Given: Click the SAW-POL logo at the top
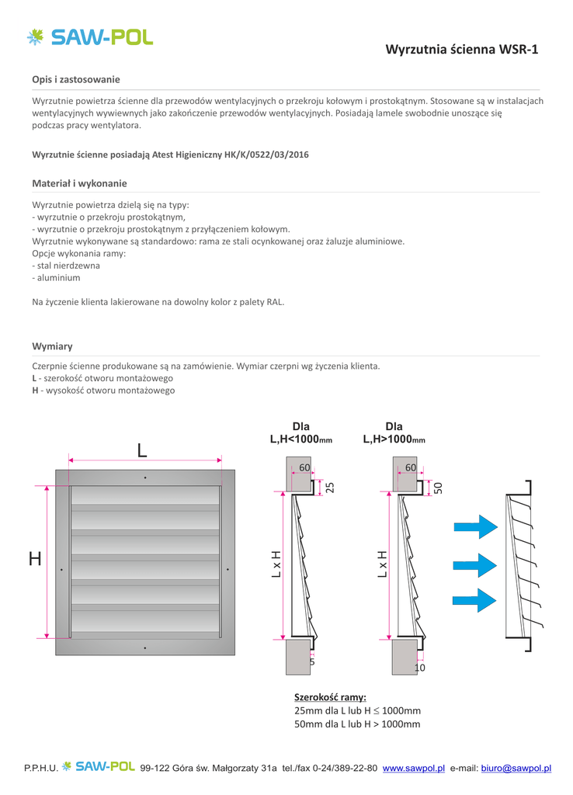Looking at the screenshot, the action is (90, 37).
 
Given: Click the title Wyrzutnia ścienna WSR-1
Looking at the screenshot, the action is (461, 49).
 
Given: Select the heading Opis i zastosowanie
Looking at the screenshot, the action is (76, 79).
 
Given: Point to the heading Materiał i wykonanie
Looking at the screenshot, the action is (80, 183).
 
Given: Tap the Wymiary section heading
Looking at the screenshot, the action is (52, 346).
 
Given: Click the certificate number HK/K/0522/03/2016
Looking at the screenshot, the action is (267, 154).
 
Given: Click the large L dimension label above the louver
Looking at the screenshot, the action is (143, 450).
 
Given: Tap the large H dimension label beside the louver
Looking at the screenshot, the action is (35, 559).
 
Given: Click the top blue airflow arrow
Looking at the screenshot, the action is (475, 527).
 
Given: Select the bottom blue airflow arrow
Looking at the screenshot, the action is (474, 600).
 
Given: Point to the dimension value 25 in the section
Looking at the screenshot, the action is (330, 488).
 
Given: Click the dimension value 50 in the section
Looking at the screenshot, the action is (438, 488).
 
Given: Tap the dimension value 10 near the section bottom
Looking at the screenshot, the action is (420, 668).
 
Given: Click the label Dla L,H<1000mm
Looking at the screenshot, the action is (301, 433).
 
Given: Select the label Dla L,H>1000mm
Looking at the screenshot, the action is (394, 433).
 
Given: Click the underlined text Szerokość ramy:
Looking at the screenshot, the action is (330, 697).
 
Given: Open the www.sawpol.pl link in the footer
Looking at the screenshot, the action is (413, 768).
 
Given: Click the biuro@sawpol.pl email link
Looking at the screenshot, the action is (516, 768).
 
